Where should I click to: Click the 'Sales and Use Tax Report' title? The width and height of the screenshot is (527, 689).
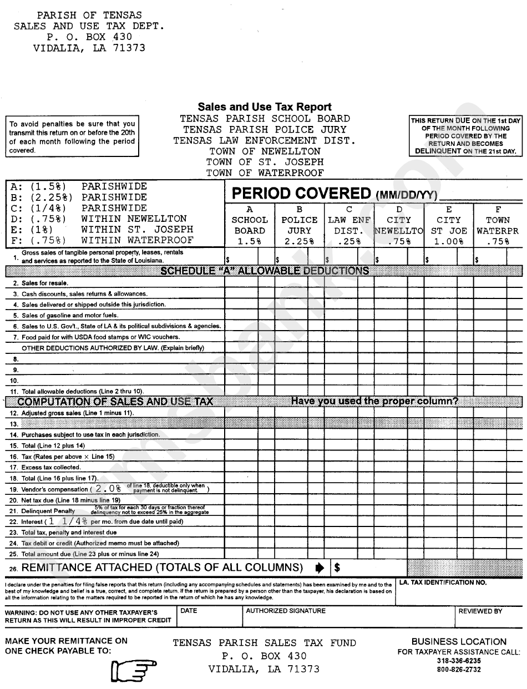tap(265, 107)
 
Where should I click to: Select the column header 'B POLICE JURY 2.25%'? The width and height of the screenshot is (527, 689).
tap(300, 225)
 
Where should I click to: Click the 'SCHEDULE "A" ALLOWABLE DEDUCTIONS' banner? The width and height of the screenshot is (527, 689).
tap(265, 271)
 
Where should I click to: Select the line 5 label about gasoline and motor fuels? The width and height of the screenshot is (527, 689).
tap(69, 315)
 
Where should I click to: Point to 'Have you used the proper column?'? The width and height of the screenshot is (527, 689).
tap(374, 401)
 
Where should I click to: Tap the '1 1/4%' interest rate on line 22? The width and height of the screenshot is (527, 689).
tap(68, 521)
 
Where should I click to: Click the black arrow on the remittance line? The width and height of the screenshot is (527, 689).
tap(320, 568)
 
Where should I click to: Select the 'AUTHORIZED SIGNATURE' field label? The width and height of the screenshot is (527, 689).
tap(286, 611)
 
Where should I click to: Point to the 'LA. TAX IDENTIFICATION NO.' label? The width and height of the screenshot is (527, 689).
tap(443, 582)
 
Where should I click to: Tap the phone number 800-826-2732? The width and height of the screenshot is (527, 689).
tap(459, 670)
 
